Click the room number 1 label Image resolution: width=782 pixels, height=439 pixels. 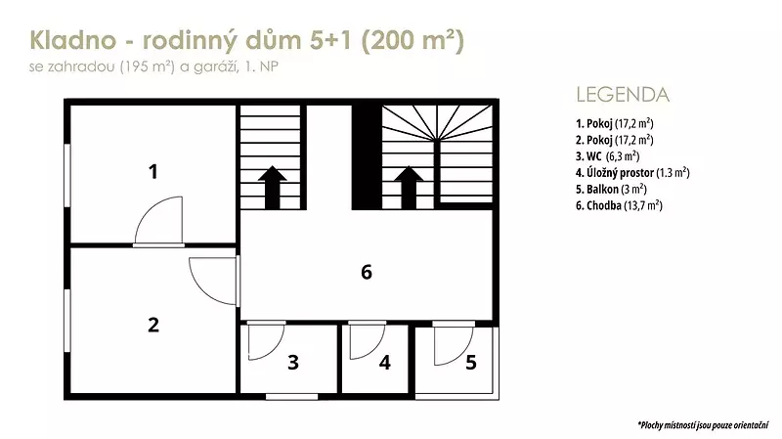pyautogui.click(x=153, y=172)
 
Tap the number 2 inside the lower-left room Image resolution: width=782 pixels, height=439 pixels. pyautogui.click(x=153, y=325)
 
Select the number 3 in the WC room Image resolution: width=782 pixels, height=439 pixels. pyautogui.click(x=293, y=362)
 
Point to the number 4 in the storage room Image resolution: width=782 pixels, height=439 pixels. pyautogui.click(x=384, y=362)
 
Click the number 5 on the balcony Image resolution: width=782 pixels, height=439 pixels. pyautogui.click(x=471, y=362)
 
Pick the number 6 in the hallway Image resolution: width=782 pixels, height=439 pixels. pyautogui.click(x=367, y=272)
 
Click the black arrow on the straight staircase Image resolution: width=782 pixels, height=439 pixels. pyautogui.click(x=273, y=187)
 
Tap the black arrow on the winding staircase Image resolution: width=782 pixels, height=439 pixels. pyautogui.click(x=409, y=187)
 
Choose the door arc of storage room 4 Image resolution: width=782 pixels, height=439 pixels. pyautogui.click(x=375, y=349)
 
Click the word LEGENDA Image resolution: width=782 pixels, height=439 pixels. pyautogui.click(x=623, y=95)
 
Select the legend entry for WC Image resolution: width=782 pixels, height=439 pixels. pyautogui.click(x=607, y=156)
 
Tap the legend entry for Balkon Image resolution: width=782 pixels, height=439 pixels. pyautogui.click(x=611, y=189)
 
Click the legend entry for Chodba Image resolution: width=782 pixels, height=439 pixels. pyautogui.click(x=619, y=205)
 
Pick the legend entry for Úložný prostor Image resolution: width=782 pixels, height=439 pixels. pyautogui.click(x=632, y=173)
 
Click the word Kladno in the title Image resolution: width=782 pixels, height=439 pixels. pyautogui.click(x=72, y=40)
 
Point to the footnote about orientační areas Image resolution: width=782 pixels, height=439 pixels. pyautogui.click(x=703, y=425)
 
